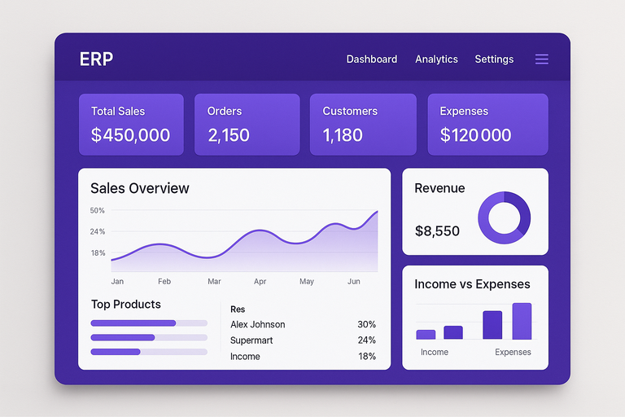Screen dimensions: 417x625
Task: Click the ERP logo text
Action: point(96,59)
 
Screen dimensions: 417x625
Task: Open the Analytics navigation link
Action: point(436,59)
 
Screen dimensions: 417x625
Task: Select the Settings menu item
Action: point(494,59)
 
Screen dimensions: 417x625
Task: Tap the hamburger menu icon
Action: point(542,59)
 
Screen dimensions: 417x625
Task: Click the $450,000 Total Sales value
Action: point(130,135)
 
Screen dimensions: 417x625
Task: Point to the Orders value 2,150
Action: point(229,135)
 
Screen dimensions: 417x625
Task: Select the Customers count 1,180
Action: point(343,135)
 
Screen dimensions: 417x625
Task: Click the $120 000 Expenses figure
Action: point(475,135)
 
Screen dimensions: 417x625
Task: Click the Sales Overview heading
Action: point(140,188)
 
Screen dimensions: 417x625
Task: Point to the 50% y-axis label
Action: point(98,211)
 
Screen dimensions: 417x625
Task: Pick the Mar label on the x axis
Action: point(214,282)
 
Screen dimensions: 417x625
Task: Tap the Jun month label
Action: point(354,282)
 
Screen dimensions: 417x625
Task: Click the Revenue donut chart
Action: point(504,218)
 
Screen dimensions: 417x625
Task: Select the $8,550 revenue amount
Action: point(437,231)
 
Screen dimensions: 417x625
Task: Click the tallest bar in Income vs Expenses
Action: point(522,321)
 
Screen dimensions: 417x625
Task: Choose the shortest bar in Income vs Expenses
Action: point(426,334)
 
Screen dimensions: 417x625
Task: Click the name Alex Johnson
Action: point(258,324)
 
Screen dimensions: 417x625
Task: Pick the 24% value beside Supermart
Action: point(366,340)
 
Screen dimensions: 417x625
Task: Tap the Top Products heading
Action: point(126,305)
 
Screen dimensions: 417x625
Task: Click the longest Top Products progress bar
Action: point(133,323)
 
